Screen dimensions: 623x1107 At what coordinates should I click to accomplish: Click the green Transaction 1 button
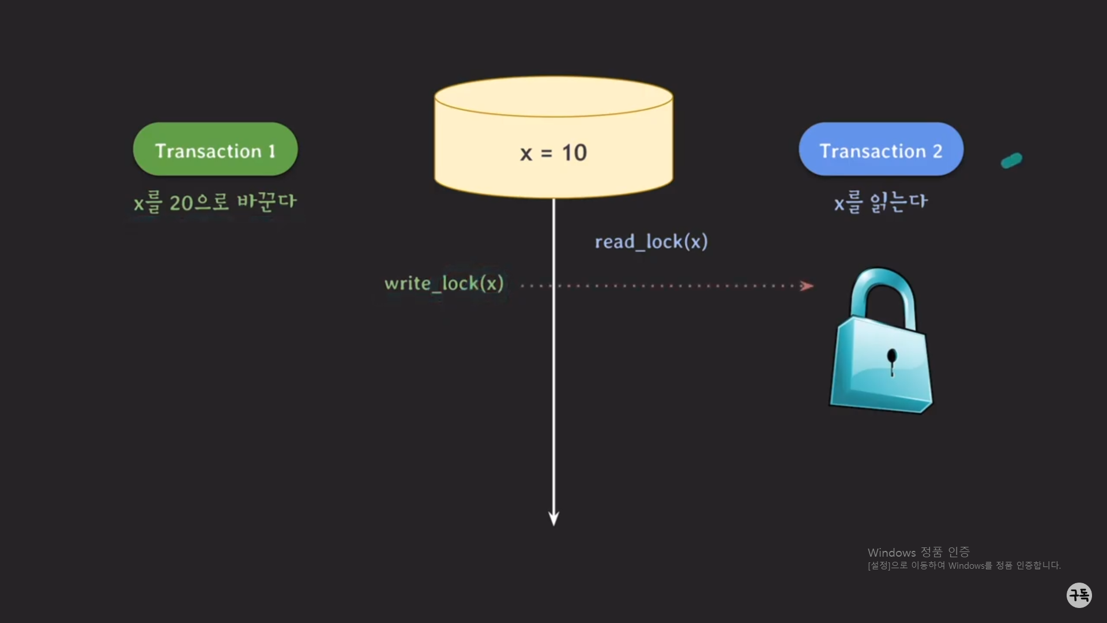tap(215, 149)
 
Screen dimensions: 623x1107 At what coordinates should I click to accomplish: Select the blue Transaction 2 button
tap(880, 149)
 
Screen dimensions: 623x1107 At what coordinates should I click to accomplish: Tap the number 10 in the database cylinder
tap(574, 153)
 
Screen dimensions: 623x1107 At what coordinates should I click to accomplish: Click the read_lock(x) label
tap(651, 242)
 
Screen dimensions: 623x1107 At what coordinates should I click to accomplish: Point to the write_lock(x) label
tap(444, 283)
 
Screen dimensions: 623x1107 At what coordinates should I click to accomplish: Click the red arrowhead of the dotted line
tap(807, 286)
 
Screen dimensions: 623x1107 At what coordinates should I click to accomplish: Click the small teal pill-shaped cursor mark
tap(1012, 160)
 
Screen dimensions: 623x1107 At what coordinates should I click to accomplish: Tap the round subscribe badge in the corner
tap(1079, 595)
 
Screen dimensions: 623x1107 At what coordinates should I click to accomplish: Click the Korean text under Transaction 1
tap(215, 202)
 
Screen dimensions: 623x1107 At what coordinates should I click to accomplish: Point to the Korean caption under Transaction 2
tap(880, 202)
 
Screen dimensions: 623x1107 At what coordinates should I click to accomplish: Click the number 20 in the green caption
tap(181, 203)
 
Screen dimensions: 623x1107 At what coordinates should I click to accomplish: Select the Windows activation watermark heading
tap(918, 552)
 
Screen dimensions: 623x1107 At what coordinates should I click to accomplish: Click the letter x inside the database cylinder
tap(526, 154)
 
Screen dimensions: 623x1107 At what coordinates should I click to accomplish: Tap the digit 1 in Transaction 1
tap(272, 151)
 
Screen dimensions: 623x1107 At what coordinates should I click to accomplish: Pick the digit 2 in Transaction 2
tap(937, 151)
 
